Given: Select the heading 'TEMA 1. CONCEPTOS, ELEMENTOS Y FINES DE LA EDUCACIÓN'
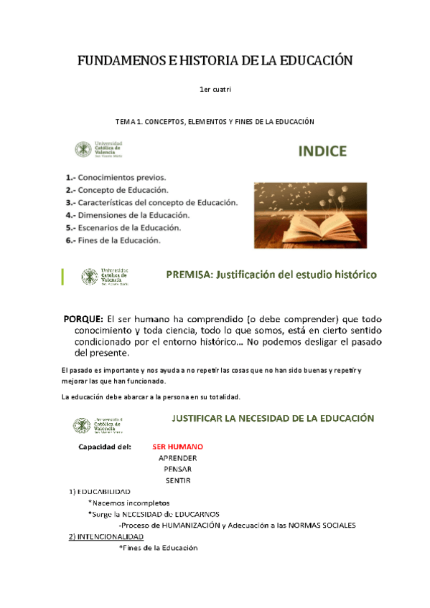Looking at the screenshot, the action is pyautogui.click(x=215, y=122).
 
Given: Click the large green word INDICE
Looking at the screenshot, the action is pyautogui.click(x=322, y=151).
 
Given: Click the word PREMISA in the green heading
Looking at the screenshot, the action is pyautogui.click(x=189, y=274).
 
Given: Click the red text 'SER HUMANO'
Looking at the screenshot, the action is pyautogui.click(x=178, y=446).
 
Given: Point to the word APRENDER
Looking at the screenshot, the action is pyautogui.click(x=177, y=457).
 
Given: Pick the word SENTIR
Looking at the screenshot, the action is pyautogui.click(x=177, y=480).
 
